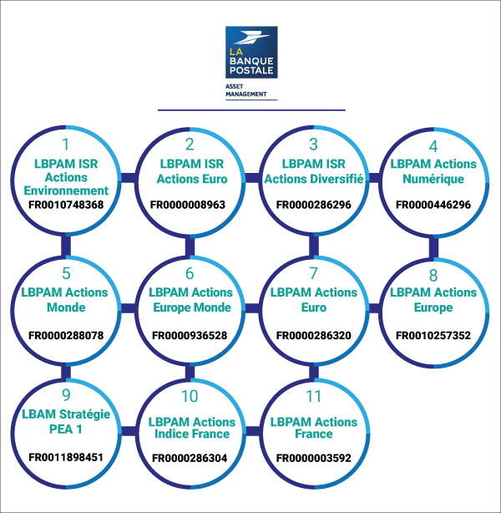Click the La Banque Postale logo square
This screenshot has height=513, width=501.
[251, 53]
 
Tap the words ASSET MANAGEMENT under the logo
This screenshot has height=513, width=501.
[246, 90]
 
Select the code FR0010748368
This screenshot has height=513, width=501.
[66, 205]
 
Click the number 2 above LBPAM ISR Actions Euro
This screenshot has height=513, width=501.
[190, 145]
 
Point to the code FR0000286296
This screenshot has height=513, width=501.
[314, 205]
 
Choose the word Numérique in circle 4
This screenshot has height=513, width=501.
[433, 179]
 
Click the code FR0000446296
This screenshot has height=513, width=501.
[433, 205]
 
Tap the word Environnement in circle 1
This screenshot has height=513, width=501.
[66, 190]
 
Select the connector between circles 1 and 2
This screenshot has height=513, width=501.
[129, 178]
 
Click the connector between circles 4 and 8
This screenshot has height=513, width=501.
[433, 247]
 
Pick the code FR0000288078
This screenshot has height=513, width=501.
[66, 335]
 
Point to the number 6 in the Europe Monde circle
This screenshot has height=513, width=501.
[190, 273]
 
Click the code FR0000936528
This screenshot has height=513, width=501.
[190, 335]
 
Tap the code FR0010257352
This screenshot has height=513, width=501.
[433, 335]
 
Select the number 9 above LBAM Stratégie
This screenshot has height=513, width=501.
[66, 395]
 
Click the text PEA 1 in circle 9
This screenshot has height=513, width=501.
[66, 429]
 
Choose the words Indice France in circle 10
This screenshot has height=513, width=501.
[192, 434]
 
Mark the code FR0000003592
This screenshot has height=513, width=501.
[314, 458]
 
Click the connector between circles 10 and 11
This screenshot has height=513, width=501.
[252, 431]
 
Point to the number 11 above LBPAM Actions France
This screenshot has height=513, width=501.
[313, 396]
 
